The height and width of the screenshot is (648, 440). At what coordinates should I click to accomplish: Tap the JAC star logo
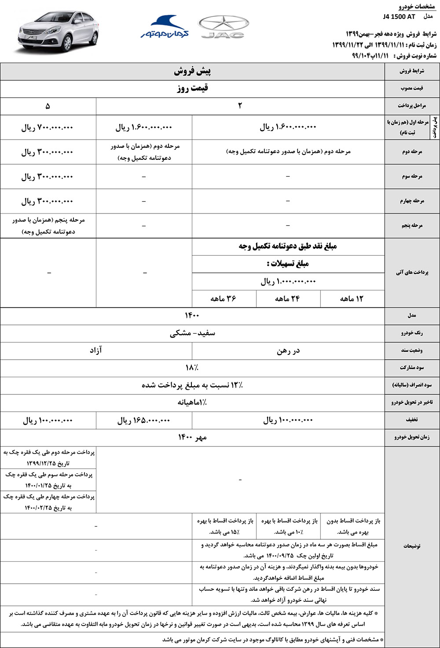point(224,27)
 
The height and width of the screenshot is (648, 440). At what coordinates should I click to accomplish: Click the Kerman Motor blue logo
point(165,27)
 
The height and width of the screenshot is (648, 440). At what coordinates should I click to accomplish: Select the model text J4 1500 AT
point(399,17)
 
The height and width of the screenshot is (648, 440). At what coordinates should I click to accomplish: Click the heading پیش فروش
point(192,71)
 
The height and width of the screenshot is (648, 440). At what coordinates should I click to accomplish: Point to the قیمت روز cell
point(192,88)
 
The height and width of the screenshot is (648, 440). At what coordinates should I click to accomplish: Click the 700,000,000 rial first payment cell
point(48,128)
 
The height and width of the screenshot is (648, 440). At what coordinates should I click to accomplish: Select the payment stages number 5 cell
point(48,106)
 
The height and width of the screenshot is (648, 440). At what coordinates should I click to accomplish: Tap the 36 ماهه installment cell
point(224,298)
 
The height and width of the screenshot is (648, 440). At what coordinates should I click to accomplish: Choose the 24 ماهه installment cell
point(288,298)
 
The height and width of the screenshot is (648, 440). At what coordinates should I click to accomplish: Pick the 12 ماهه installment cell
point(352,298)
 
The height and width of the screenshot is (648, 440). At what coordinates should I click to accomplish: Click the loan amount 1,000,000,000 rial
point(288,281)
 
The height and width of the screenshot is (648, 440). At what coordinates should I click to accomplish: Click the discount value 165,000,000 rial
point(143,421)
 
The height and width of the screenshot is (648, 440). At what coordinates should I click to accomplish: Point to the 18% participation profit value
point(192,368)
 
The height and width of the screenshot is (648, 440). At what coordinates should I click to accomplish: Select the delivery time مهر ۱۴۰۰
point(192,437)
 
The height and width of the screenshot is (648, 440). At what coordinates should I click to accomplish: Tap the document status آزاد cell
point(96,350)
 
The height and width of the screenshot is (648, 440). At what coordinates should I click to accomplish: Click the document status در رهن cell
point(288,351)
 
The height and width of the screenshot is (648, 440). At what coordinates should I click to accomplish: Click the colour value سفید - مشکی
point(192,333)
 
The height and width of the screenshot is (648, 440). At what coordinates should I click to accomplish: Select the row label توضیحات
point(412,546)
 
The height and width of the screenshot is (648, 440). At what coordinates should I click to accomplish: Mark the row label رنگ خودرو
point(412,333)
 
